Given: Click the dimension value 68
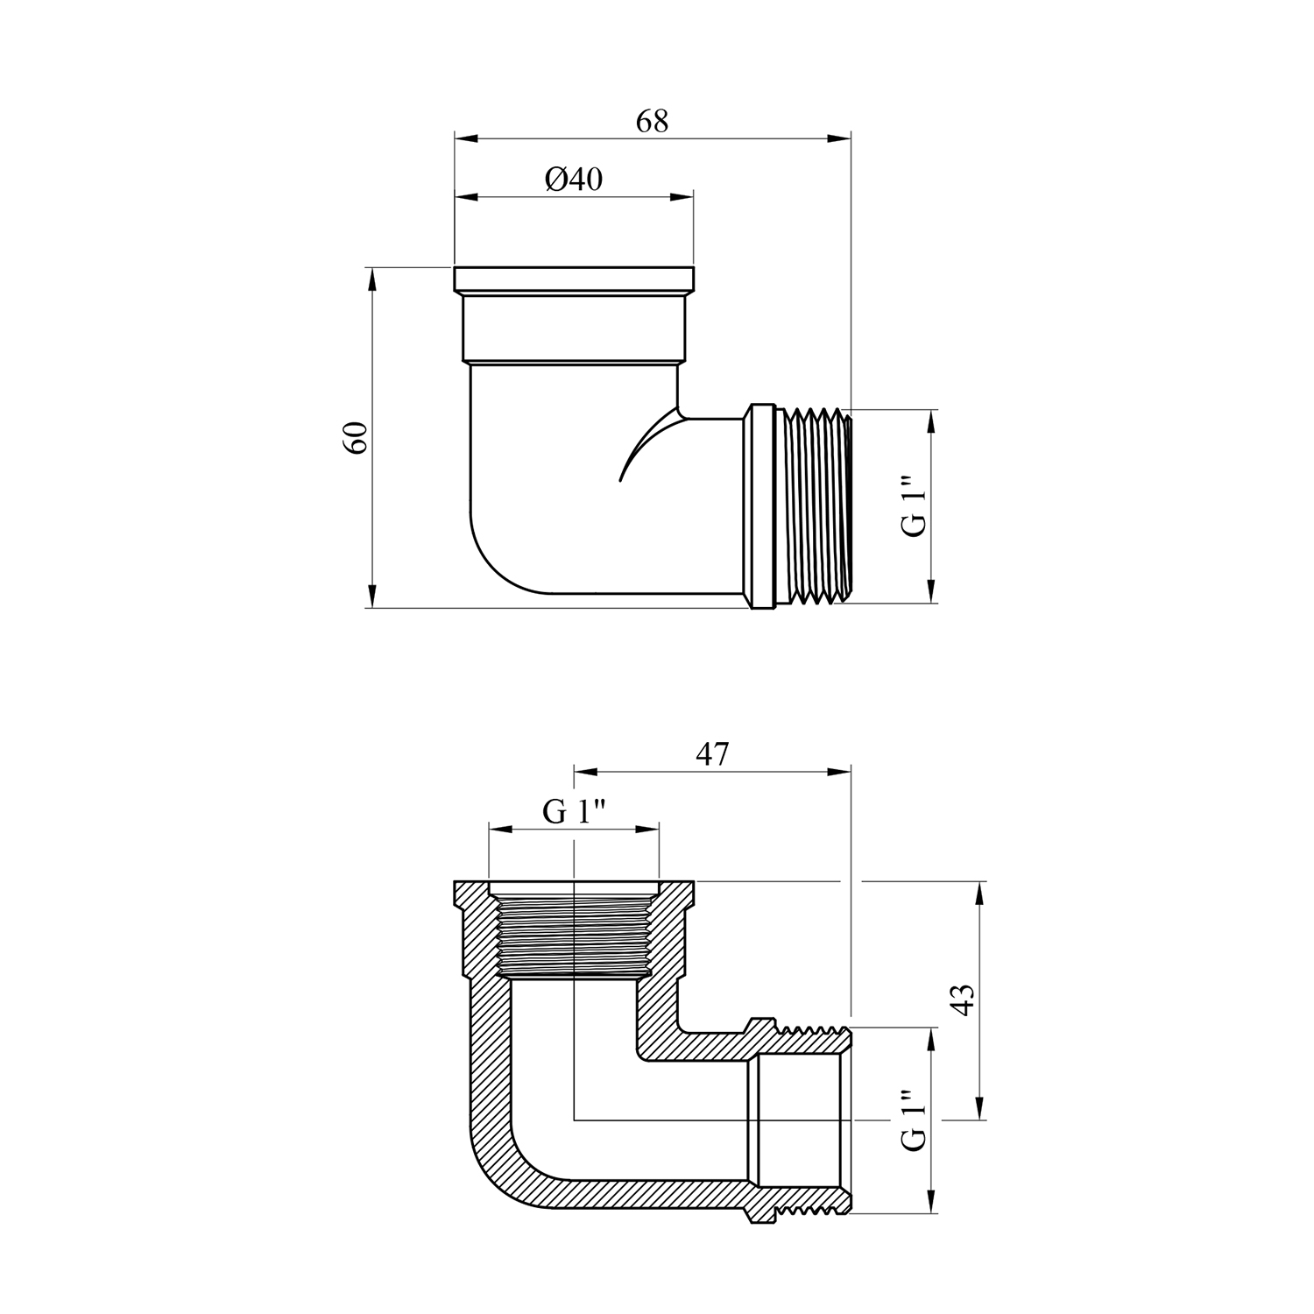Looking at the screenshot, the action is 652,121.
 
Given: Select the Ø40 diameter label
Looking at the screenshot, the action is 574,180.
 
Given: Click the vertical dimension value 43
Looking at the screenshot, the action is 962,1000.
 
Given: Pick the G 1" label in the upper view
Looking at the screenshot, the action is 914,506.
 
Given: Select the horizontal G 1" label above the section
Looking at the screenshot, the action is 574,812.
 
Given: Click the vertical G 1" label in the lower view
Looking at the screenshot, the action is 914,1121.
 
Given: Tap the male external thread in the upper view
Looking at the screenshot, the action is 814,505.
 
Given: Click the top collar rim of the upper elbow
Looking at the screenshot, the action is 574,279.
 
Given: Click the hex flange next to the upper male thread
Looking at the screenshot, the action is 762,505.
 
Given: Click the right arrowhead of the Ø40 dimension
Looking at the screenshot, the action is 682,197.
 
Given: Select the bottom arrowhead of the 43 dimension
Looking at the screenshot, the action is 980,1107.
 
